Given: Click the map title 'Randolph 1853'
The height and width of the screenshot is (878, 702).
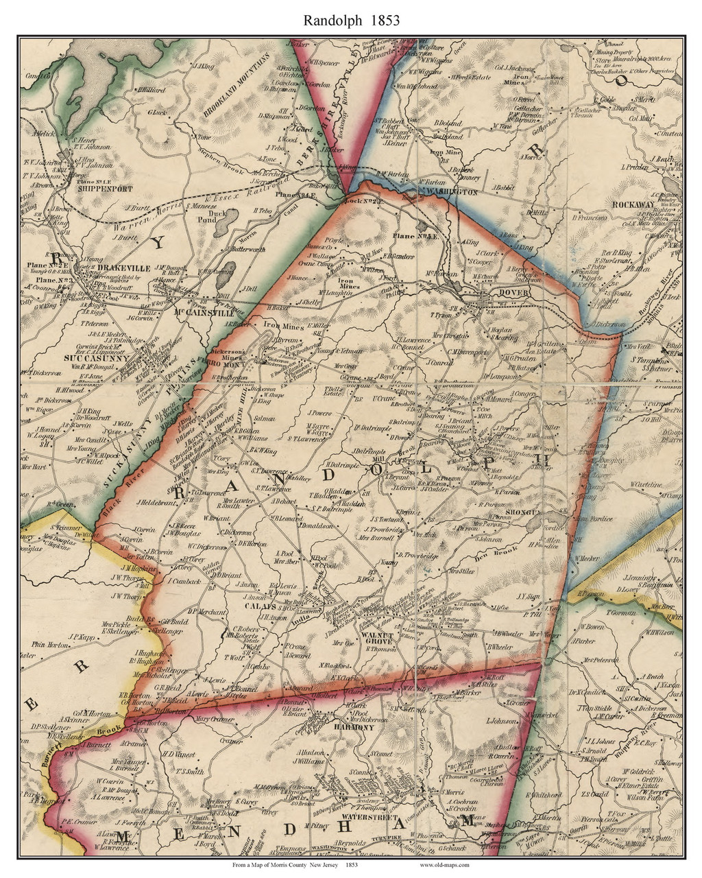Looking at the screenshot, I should [x=352, y=20].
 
